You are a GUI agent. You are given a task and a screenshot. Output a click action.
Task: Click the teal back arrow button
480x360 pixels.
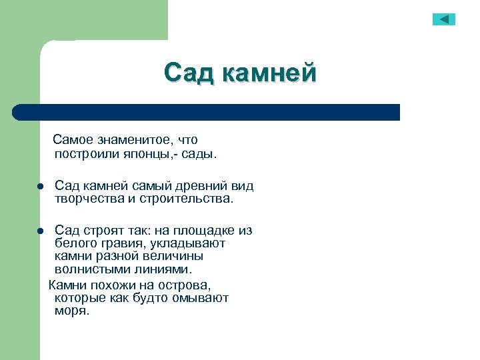tap(443, 19)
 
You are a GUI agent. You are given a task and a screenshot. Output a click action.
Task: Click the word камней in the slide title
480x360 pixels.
tap(269, 73)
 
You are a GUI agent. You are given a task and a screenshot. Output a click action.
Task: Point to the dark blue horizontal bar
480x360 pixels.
tap(207, 112)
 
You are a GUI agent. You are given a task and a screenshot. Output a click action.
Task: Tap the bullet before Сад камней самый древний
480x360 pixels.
tap(41, 187)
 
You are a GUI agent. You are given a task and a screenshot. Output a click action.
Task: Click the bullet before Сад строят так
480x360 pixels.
tap(41, 231)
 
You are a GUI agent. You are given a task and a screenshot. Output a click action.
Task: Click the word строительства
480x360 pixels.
tap(189, 199)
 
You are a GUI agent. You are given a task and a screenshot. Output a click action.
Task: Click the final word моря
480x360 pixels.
tap(71, 311)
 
